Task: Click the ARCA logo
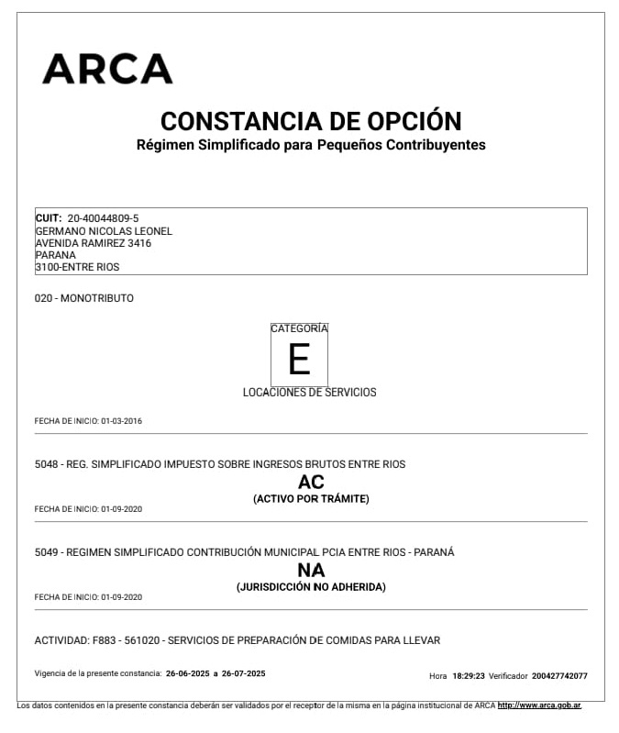pos(107,69)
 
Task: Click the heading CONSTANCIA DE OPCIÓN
pos(311,121)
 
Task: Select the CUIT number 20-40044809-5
pos(104,218)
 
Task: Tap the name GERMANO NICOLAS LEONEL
pos(104,231)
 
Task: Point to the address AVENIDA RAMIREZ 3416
pos(93,243)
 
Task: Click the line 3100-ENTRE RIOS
pos(77,267)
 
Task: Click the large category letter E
pos(299,360)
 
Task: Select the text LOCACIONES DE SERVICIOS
pos(309,392)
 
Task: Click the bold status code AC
pos(311,482)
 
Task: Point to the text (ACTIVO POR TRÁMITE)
pos(311,499)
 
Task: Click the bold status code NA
pos(311,570)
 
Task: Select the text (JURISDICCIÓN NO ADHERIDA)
pos(311,587)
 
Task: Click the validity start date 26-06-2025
pos(187,673)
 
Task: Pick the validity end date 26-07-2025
pos(243,673)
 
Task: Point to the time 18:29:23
pos(468,676)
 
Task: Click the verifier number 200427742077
pos(559,676)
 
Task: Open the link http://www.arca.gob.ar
pos(539,705)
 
